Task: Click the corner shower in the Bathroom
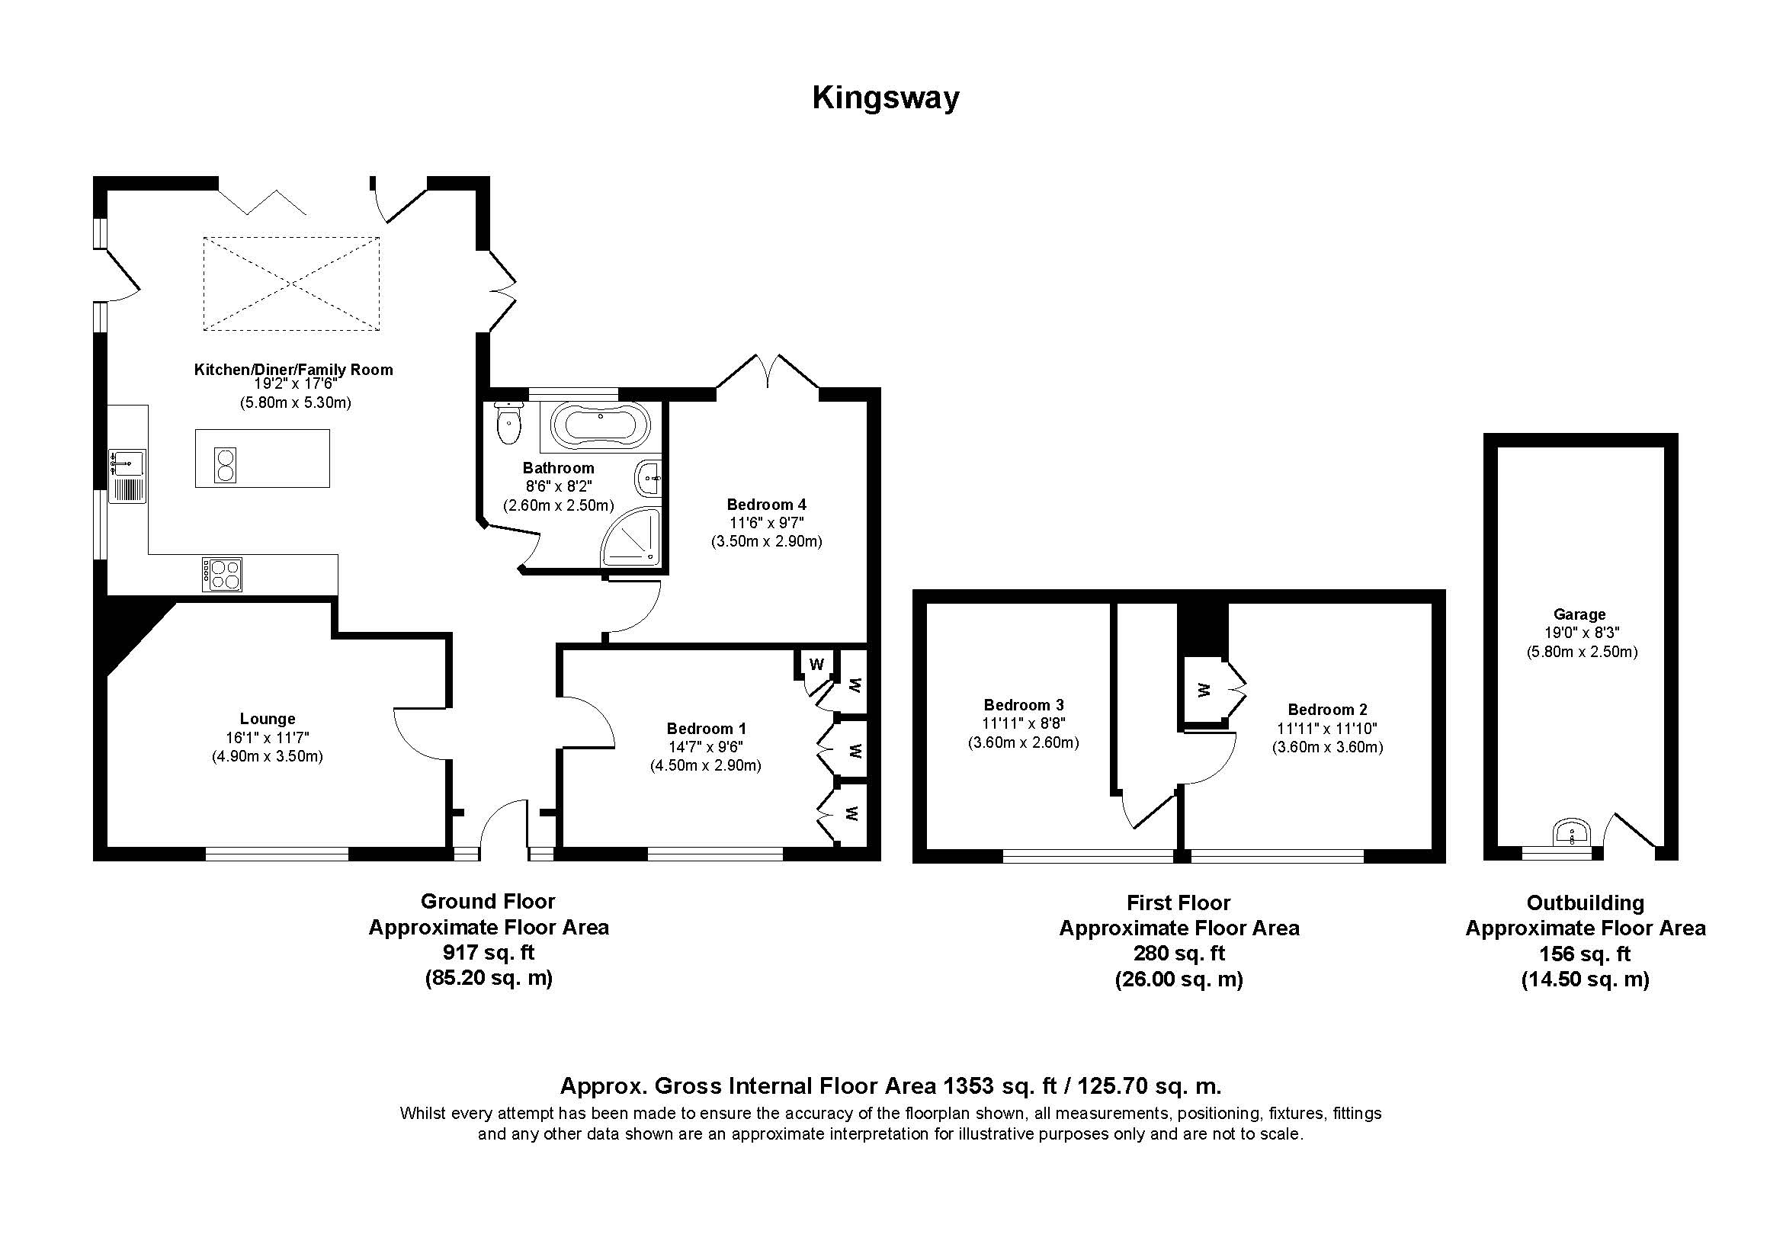(630, 537)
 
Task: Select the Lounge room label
(267, 719)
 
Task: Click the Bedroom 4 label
(766, 505)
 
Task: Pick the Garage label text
(1579, 614)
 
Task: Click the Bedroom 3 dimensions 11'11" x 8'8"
(1024, 723)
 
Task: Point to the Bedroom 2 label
(1327, 710)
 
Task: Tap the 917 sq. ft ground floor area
(489, 952)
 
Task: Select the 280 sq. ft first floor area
(1179, 954)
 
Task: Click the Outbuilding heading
(1585, 903)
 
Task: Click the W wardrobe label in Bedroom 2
(1203, 689)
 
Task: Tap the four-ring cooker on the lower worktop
(222, 575)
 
